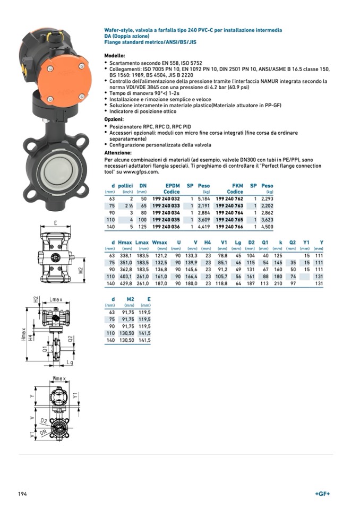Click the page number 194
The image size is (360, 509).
click(22, 494)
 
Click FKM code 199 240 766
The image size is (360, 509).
click(230, 226)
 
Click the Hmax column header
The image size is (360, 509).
click(125, 243)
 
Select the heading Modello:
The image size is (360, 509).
click(115, 56)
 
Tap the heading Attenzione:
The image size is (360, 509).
click(118, 153)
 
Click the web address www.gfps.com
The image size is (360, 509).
click(142, 172)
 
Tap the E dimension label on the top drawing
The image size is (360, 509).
click(55, 223)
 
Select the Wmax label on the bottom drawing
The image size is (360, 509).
click(59, 378)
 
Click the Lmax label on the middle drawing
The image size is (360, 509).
click(56, 300)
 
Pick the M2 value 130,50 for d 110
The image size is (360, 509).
click(127, 333)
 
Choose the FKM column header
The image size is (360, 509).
click(237, 185)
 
